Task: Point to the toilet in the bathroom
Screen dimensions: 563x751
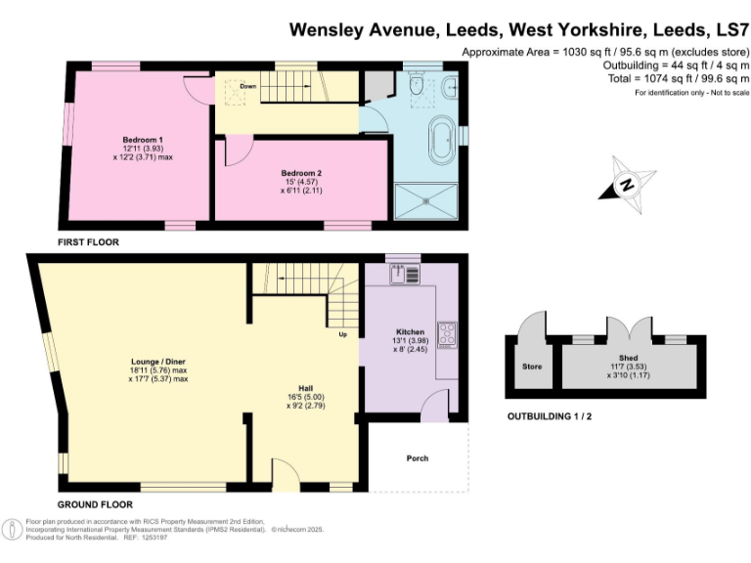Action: coord(418,89)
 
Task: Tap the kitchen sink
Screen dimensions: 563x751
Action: coord(400,275)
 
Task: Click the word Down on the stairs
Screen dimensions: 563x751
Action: coord(248,86)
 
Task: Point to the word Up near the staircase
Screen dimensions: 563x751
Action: coord(342,335)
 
